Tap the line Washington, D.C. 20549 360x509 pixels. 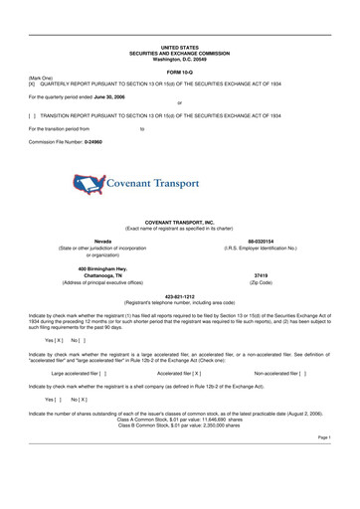(x=179, y=59)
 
